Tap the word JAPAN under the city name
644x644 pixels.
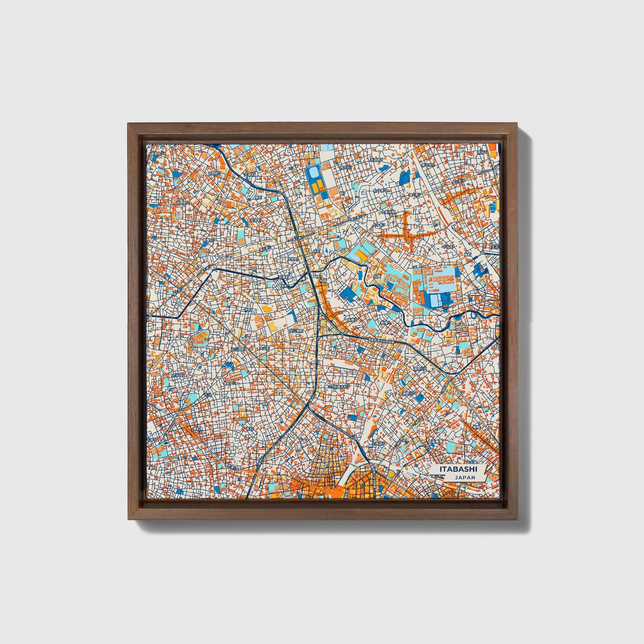tap(465, 477)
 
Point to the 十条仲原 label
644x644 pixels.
tap(390, 212)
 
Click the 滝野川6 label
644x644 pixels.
tap(419, 369)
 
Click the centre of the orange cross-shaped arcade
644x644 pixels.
tap(406, 233)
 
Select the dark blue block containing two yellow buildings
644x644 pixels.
tap(316, 183)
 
